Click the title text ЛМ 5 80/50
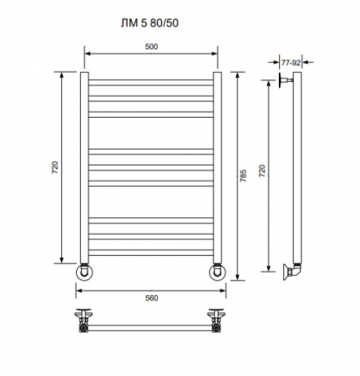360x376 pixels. coord(150,23)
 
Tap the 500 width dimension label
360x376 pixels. coord(151,47)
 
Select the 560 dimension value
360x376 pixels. coord(151,298)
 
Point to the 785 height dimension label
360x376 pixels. coord(243,175)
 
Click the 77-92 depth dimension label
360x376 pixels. coord(291,63)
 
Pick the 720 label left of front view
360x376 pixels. coord(55,167)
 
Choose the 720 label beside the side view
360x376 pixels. coord(262,170)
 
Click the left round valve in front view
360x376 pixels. coord(84,272)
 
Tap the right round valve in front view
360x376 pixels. coord(217,272)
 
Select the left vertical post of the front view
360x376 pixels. coord(84,167)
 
